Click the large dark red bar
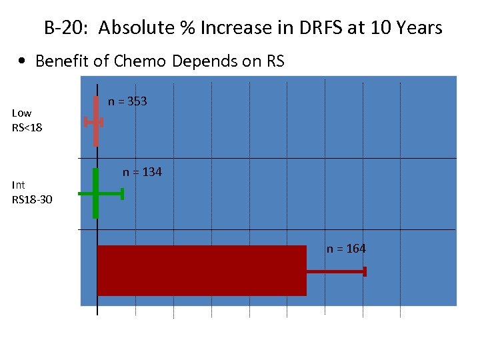click(201, 270)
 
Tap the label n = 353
click(127, 101)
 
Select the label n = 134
click(142, 172)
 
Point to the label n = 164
click(346, 249)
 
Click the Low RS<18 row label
click(27, 120)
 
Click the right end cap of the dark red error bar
click(365, 271)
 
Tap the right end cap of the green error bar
click(123, 193)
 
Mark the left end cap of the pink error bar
click(85, 122)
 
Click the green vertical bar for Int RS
click(96, 193)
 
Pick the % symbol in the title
click(184, 28)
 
